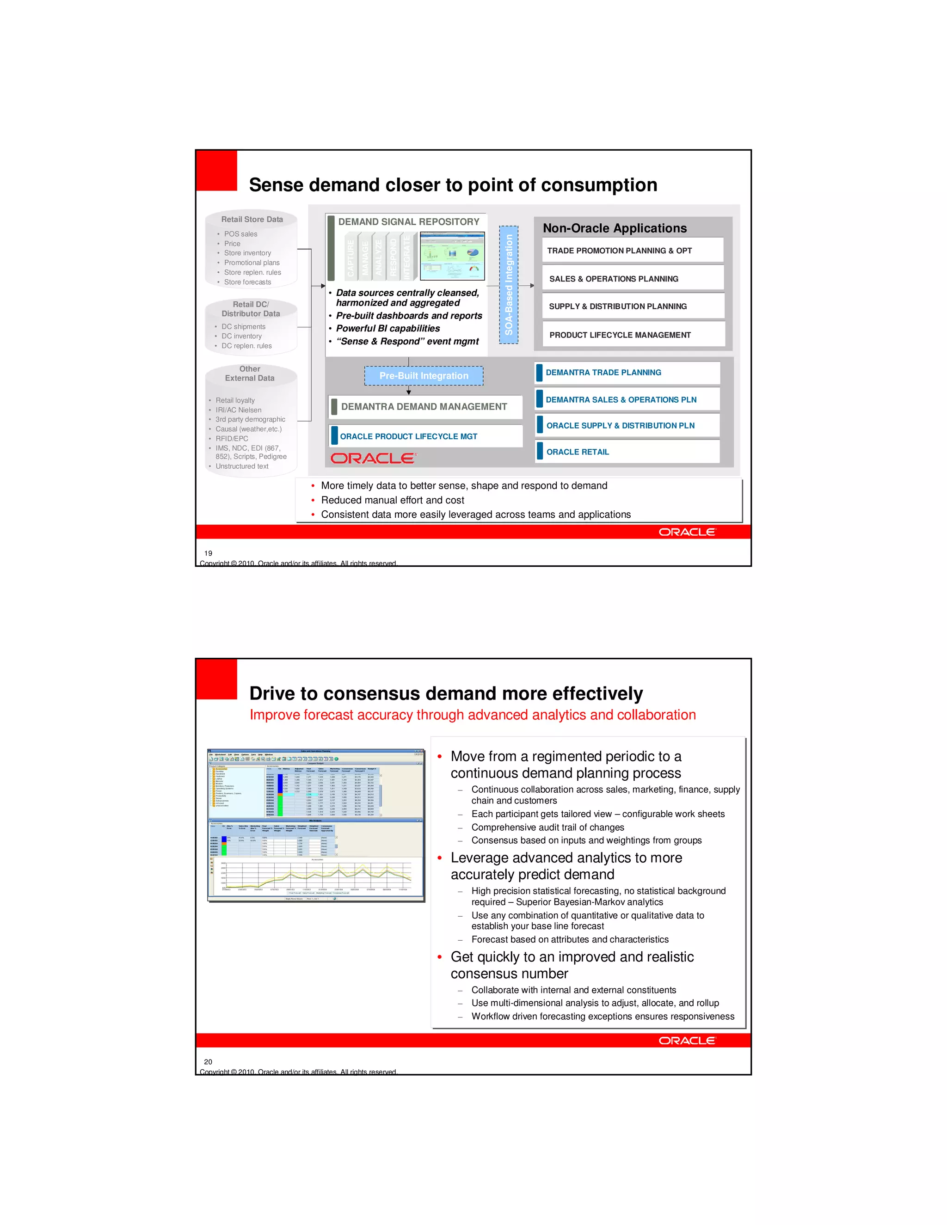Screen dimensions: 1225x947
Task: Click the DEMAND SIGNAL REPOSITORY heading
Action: tap(408, 221)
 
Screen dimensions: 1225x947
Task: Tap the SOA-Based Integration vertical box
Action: tap(508, 284)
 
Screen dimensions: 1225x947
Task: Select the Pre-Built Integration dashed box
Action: tap(424, 376)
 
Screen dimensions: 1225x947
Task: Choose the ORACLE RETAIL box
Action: tap(627, 452)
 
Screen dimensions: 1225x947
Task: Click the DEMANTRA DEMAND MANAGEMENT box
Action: tap(424, 407)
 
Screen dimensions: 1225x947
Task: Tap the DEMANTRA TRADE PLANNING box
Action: tap(627, 373)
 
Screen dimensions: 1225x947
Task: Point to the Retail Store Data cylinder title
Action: tap(252, 219)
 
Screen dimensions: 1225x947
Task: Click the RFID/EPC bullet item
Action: tap(232, 439)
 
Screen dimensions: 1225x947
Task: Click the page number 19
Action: tap(208, 553)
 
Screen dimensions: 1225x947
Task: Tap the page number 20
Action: tap(208, 1061)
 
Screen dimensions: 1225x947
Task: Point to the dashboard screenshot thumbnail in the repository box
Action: tap(452, 256)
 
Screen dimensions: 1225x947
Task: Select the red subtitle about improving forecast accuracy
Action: tap(473, 715)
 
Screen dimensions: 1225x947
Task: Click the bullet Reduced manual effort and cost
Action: tap(392, 500)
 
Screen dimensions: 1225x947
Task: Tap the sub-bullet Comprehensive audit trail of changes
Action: tap(547, 827)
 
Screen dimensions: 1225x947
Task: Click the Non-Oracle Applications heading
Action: tap(615, 228)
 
